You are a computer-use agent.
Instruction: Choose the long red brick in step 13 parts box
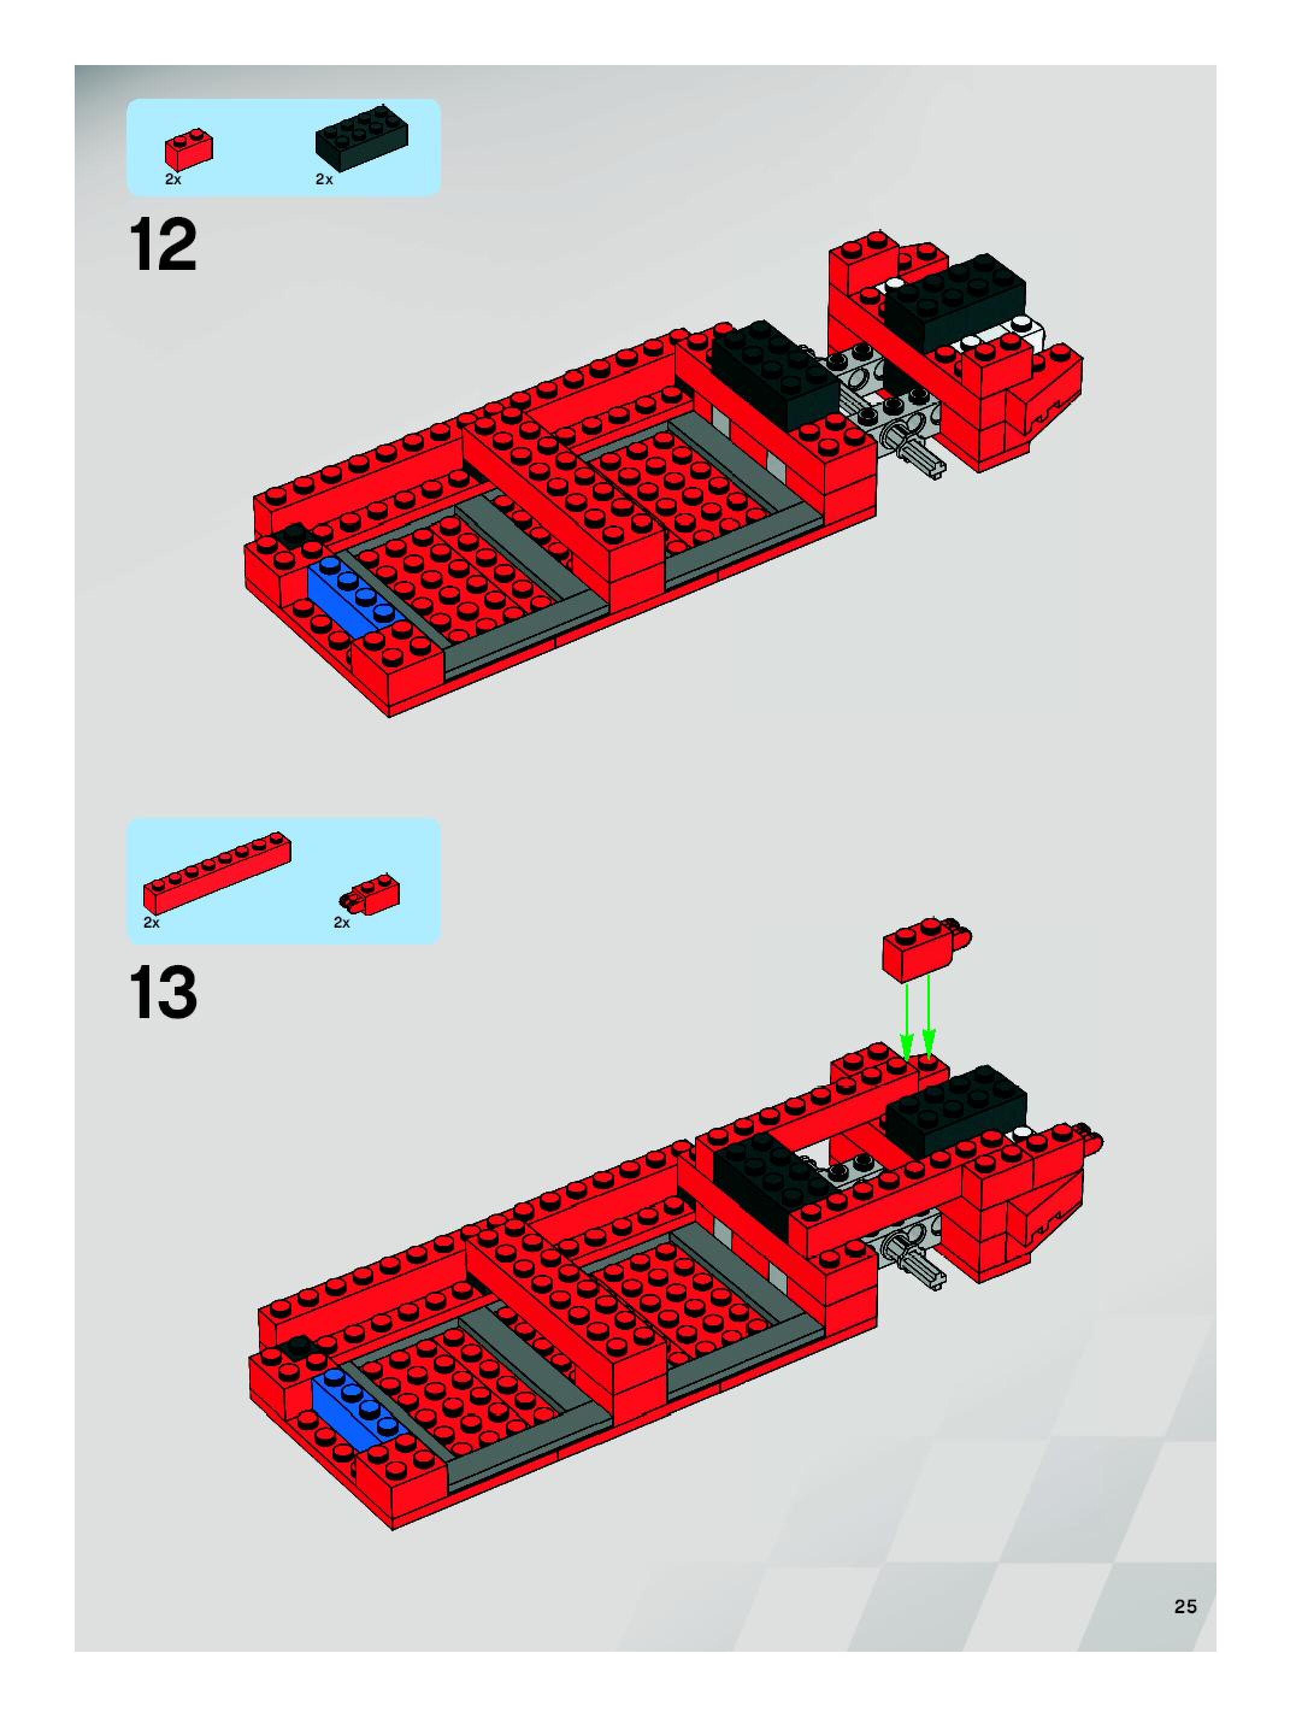pyautogui.click(x=217, y=872)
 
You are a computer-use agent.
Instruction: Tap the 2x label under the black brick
pyautogui.click(x=323, y=180)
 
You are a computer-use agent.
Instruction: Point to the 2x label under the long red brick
pyautogui.click(x=151, y=922)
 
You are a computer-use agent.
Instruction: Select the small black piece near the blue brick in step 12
pyautogui.click(x=294, y=534)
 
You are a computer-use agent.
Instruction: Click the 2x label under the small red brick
pyautogui.click(x=173, y=180)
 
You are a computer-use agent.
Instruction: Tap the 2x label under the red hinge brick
pyautogui.click(x=341, y=922)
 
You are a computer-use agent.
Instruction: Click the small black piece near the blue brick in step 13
pyautogui.click(x=297, y=1348)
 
